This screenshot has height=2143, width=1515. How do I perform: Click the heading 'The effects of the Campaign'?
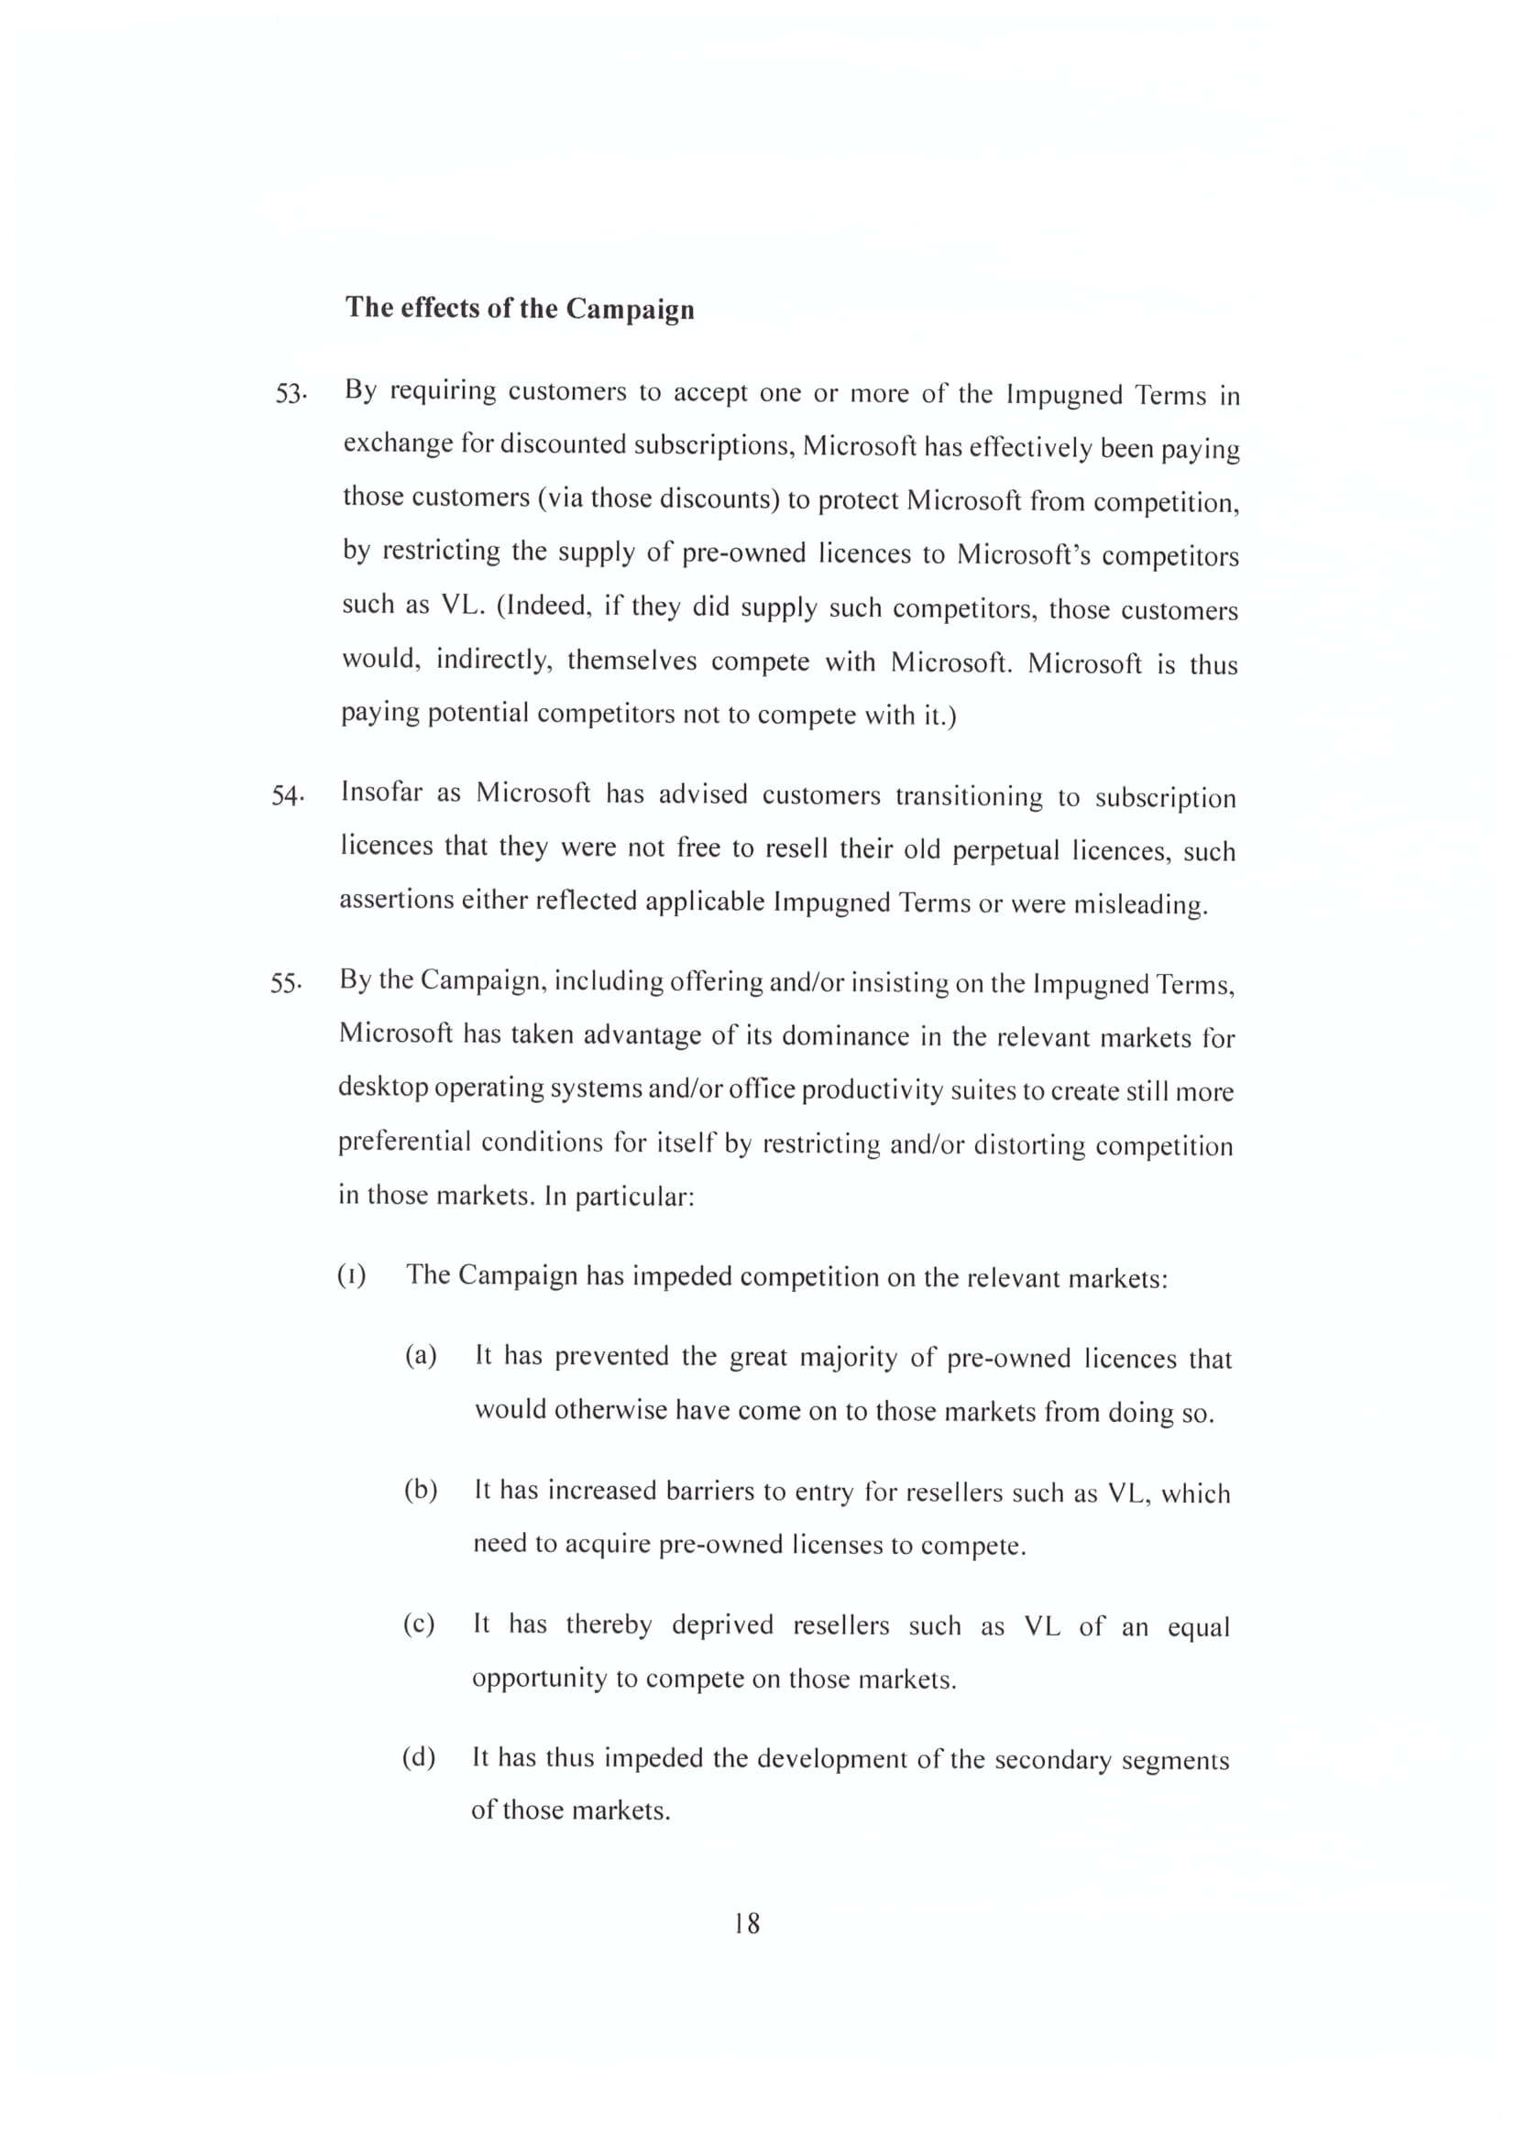click(x=520, y=308)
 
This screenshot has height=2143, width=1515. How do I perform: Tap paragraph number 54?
click(x=288, y=796)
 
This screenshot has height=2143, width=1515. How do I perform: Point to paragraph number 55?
click(x=286, y=984)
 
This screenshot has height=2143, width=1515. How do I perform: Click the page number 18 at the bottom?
click(x=747, y=1924)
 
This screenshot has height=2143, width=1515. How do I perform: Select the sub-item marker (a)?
click(x=420, y=1356)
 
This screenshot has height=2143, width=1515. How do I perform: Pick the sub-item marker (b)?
click(x=420, y=1490)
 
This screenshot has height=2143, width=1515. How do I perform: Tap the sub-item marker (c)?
click(x=419, y=1624)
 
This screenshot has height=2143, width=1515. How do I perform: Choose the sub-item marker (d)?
click(x=419, y=1757)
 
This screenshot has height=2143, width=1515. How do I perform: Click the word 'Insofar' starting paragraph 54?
click(x=381, y=793)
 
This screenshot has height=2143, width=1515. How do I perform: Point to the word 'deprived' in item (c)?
click(x=722, y=1625)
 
